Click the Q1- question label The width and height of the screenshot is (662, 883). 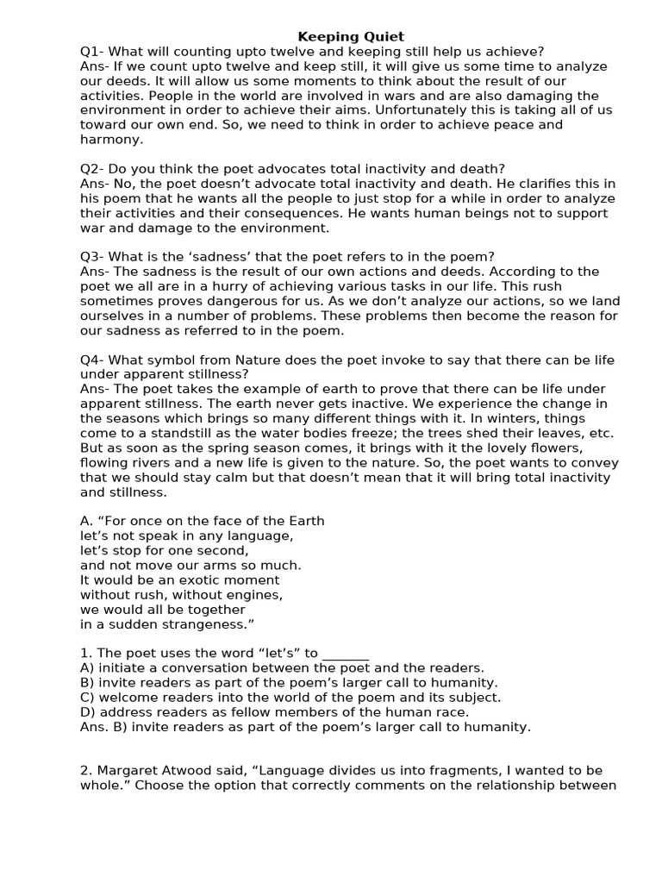92,52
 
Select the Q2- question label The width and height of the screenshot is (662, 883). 92,168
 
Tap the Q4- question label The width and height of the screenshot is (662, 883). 92,360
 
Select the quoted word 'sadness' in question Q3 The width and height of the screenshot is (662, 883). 224,257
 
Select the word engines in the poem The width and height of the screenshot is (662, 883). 252,594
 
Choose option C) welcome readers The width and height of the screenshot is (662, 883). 290,697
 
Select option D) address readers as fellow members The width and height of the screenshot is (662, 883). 274,711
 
